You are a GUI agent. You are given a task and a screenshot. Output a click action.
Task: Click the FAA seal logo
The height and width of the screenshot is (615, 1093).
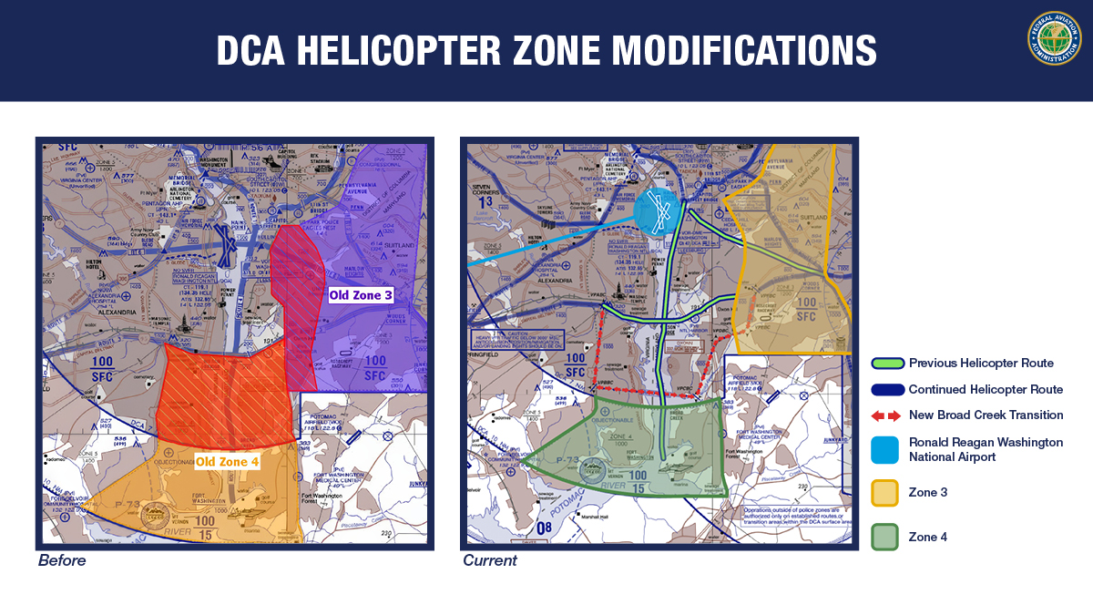point(1054,38)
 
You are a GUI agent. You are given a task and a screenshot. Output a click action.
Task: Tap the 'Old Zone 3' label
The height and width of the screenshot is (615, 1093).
point(362,295)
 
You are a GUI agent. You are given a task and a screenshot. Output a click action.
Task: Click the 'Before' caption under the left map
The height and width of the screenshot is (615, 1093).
point(62,560)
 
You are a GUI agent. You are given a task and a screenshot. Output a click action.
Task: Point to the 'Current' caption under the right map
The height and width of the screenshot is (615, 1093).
point(490,560)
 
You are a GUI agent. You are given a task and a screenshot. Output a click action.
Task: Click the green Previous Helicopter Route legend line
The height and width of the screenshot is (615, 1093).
point(887,364)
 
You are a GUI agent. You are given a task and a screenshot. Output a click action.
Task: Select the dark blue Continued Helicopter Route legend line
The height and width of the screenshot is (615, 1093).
point(887,389)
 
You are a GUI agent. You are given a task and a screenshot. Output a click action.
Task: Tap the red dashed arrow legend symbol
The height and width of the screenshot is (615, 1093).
point(887,415)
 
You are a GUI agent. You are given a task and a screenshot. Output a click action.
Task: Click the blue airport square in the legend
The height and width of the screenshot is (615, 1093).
point(884,449)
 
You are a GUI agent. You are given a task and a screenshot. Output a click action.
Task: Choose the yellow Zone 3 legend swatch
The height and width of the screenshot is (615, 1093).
point(884,493)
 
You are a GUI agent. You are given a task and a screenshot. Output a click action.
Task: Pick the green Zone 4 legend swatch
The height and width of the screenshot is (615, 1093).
point(884,538)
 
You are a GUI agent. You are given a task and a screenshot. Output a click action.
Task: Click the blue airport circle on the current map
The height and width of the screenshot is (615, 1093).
point(657,212)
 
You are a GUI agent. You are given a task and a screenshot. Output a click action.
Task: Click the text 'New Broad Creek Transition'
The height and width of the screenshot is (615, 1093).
point(986,415)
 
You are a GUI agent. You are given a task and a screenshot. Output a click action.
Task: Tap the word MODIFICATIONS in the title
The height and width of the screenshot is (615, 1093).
point(732,51)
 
